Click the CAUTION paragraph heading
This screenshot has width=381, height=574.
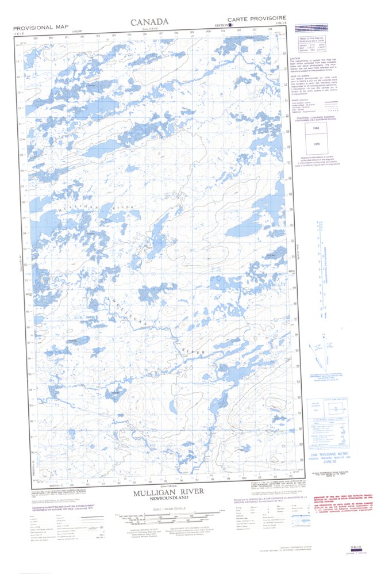click(295, 59)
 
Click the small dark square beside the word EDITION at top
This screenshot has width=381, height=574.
click(230, 25)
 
